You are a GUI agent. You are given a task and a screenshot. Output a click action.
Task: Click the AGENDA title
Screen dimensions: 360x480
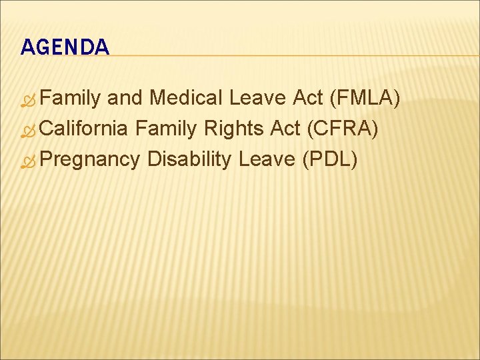point(65,47)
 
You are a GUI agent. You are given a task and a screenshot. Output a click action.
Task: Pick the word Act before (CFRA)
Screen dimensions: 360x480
point(285,129)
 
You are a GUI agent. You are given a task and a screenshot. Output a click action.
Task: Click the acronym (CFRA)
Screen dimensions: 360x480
point(343,129)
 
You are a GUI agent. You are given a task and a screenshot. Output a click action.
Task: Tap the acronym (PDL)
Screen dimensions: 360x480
point(330,159)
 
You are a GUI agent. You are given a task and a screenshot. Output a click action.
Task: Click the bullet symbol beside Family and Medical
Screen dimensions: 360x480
point(27,101)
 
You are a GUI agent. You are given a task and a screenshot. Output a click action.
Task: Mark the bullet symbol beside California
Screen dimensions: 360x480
point(27,131)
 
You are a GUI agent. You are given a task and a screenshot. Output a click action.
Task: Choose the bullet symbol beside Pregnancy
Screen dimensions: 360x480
point(27,161)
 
